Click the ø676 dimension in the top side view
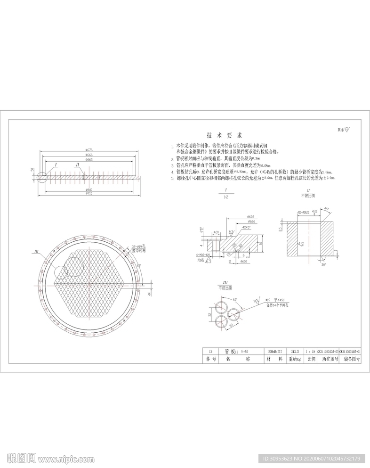88,150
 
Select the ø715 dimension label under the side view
88,193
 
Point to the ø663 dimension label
88,160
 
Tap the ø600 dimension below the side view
88,189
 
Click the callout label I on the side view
56,164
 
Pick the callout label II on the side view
77,164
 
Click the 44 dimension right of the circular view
149,294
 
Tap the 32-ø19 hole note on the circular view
139,247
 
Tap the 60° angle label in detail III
234,299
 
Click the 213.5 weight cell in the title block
295,351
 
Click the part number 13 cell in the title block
210,351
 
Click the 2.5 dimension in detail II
281,229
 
